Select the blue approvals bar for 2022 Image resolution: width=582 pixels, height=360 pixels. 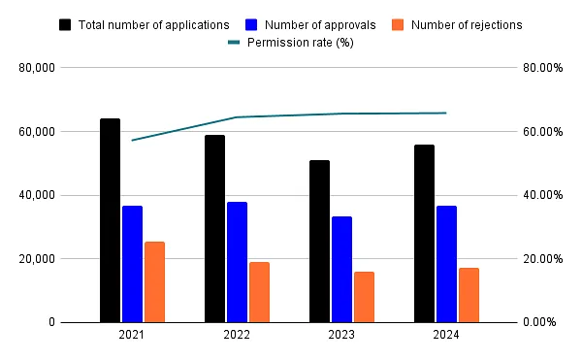tap(237, 262)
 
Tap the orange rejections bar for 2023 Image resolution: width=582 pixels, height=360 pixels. tap(364, 297)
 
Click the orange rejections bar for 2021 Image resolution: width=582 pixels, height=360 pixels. tap(154, 281)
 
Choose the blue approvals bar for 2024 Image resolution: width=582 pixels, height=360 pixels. tap(446, 264)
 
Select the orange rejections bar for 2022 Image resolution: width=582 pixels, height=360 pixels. tap(259, 292)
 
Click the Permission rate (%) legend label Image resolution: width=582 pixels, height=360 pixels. tap(302, 43)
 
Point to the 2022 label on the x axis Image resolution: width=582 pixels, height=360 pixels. tap(237, 335)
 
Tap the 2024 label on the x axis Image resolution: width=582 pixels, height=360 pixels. tap(446, 335)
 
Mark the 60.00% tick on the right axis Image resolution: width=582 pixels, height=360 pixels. tap(536, 132)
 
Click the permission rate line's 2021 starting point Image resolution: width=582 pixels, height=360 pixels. tap(132, 140)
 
